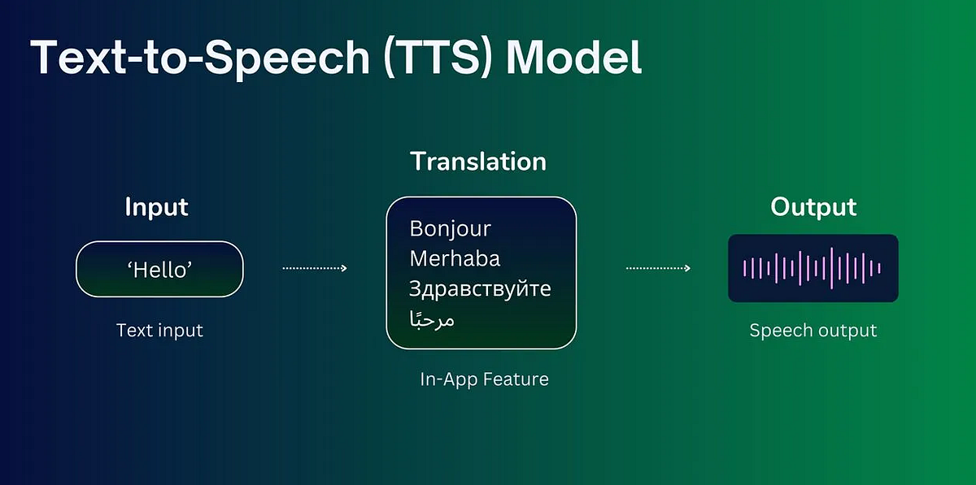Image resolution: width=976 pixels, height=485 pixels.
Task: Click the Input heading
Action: point(156,207)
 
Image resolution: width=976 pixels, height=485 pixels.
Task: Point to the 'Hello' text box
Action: point(159,270)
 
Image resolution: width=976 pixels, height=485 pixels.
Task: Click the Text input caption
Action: point(159,331)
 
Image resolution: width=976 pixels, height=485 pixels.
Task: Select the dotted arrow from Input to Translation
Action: point(314,268)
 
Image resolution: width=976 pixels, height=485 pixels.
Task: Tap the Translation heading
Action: point(478,161)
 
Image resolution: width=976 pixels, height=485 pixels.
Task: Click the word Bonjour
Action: point(451,229)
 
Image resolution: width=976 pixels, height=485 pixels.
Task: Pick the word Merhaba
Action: point(455,258)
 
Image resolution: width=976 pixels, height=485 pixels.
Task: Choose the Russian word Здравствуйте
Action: point(480,288)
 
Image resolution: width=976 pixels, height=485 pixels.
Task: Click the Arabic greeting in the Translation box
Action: point(432,318)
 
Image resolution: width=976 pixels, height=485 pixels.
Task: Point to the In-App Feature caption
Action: point(484,379)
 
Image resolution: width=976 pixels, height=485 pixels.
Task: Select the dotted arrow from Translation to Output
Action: point(657,268)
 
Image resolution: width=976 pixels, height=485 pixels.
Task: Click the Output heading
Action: point(813,207)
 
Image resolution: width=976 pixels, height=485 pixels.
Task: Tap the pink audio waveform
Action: point(813,268)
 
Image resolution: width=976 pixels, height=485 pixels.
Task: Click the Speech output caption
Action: point(813,331)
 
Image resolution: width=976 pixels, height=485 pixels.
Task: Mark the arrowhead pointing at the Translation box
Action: point(344,268)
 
